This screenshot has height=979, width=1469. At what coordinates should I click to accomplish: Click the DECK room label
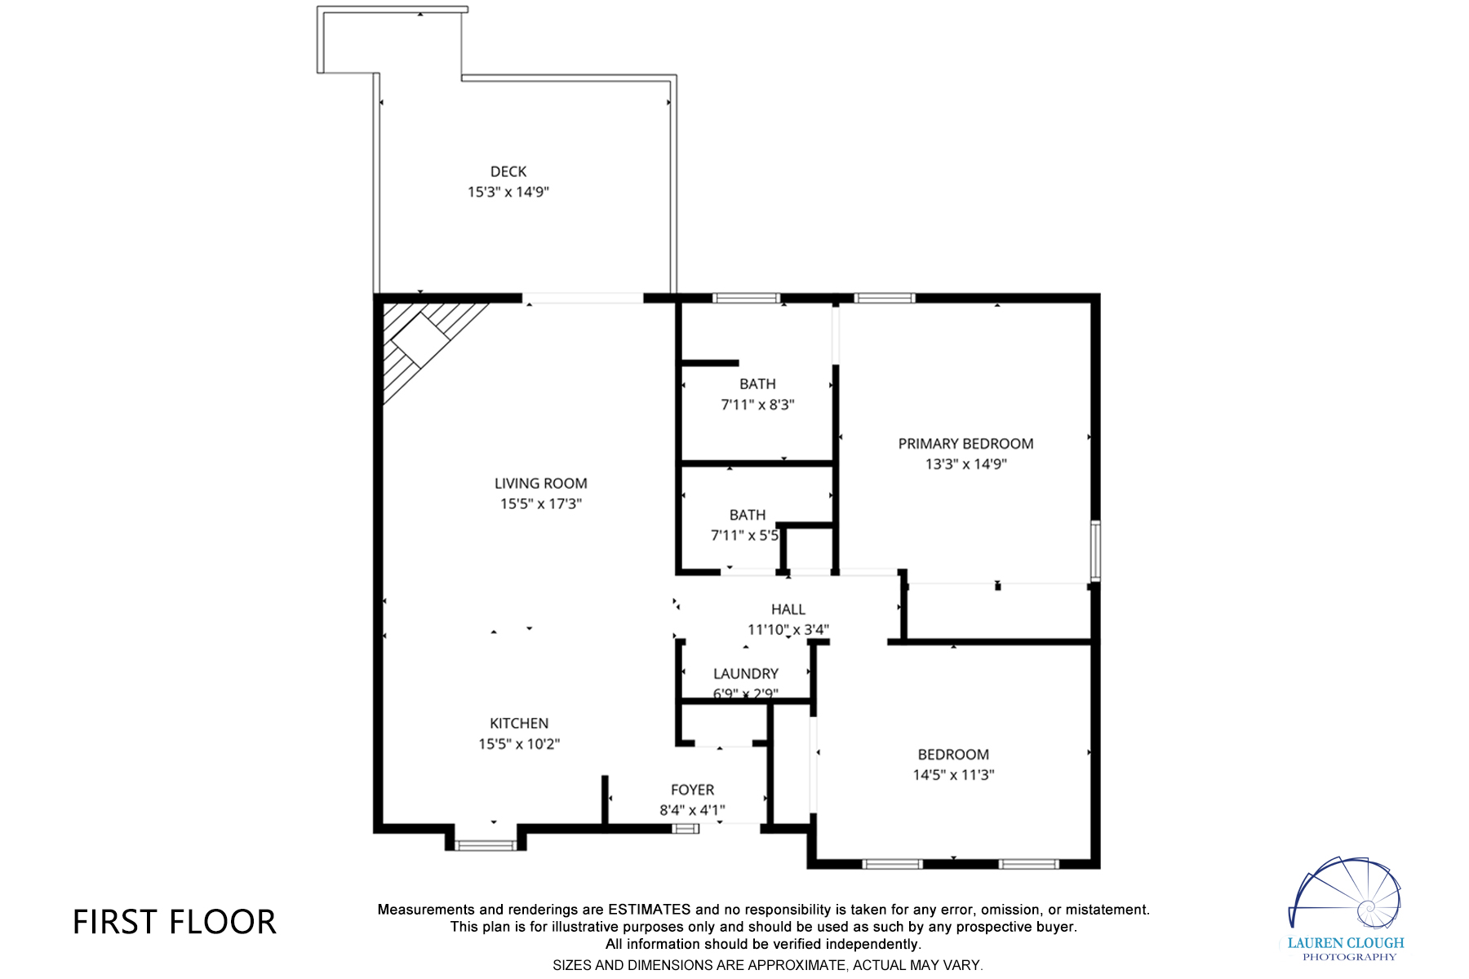508,171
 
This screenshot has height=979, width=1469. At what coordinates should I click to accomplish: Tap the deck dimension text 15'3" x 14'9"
508,192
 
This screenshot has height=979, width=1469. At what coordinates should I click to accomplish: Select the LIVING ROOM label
540,483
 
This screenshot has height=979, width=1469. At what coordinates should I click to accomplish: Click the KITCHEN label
519,723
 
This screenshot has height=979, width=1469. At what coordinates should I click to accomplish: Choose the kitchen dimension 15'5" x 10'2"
519,743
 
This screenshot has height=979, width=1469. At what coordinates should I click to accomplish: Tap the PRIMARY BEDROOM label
965,443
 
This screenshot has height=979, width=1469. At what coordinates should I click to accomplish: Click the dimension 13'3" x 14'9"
965,463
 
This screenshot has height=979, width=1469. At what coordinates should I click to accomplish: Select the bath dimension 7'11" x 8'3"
757,404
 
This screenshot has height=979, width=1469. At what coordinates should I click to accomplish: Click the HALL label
788,609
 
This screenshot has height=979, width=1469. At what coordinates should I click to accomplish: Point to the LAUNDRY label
745,673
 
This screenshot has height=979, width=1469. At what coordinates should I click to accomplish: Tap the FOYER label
692,789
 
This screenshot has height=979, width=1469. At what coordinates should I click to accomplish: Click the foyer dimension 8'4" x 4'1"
692,809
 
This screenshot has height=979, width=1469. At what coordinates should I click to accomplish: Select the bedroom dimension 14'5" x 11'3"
953,774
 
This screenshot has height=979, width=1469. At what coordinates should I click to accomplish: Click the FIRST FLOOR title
175,922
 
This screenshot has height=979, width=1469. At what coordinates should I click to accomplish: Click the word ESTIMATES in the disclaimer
649,909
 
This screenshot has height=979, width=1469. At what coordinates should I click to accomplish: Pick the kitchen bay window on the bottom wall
485,845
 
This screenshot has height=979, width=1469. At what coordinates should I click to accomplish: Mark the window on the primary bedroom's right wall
1095,550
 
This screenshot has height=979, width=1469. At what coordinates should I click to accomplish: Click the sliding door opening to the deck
583,299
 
